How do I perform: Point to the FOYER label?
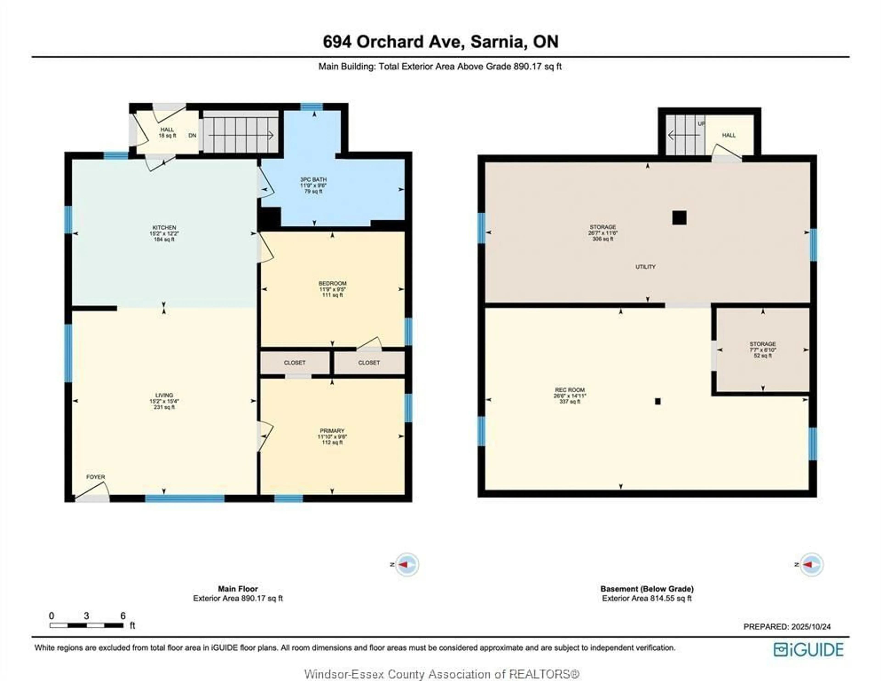pyautogui.click(x=96, y=477)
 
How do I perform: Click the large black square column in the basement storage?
pyautogui.click(x=679, y=218)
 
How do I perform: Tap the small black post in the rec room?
pyautogui.click(x=658, y=401)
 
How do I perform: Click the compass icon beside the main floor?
pyautogui.click(x=407, y=565)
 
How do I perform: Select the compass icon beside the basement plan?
pyautogui.click(x=811, y=565)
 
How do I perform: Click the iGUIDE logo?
pyautogui.click(x=809, y=650)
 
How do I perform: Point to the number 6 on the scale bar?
pyautogui.click(x=123, y=616)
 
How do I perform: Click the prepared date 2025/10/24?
pyautogui.click(x=811, y=627)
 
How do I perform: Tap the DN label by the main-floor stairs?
pyautogui.click(x=192, y=136)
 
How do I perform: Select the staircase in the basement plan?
pyautogui.click(x=685, y=135)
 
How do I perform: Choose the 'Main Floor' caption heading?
pyautogui.click(x=238, y=589)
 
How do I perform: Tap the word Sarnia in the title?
pyautogui.click(x=497, y=42)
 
